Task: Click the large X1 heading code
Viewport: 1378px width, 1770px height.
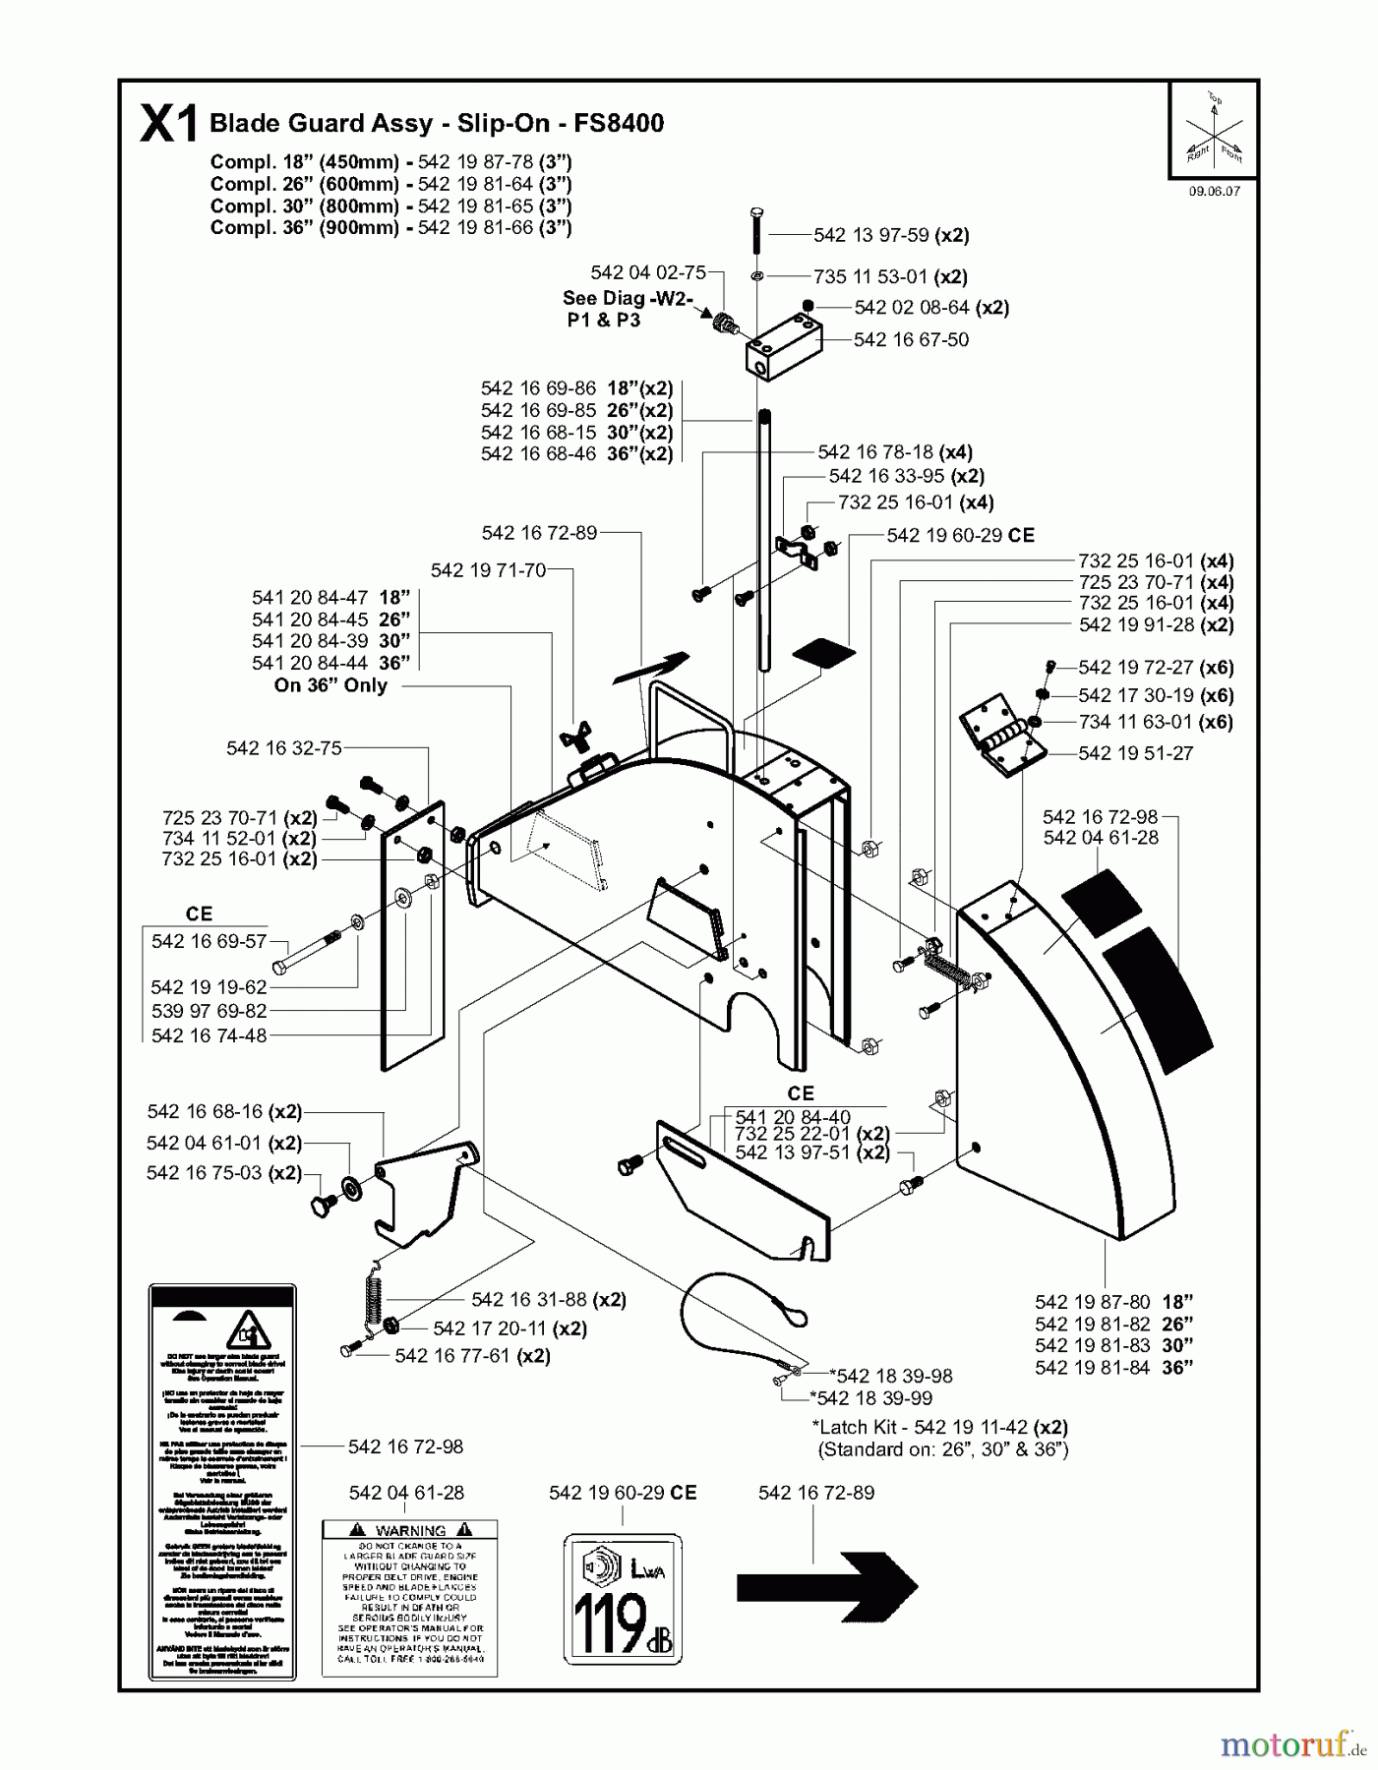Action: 169,126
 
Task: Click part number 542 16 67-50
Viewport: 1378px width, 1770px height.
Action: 910,340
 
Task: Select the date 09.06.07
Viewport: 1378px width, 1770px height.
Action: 1214,192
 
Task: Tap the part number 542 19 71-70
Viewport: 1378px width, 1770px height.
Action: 488,570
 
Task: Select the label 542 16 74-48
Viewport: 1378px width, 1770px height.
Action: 209,1035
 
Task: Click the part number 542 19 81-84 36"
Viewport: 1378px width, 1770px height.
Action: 1112,1368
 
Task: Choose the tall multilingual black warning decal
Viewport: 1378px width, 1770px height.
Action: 221,1483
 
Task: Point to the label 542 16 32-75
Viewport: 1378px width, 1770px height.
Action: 283,748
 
